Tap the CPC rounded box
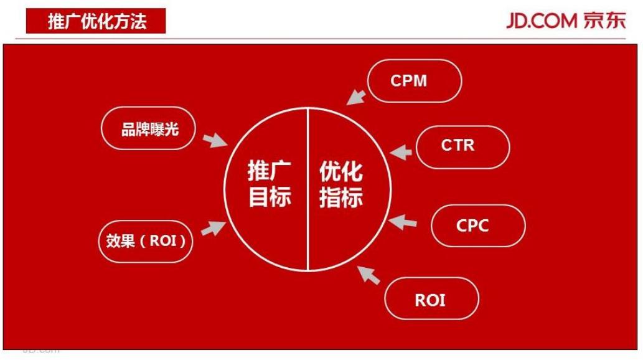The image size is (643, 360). pyautogui.click(x=477, y=225)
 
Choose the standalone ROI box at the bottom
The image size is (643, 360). pyautogui.click(x=431, y=300)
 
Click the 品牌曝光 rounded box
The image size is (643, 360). pyautogui.click(x=149, y=130)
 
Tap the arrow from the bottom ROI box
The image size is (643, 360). pyautogui.click(x=369, y=274)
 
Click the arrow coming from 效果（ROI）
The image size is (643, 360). pyautogui.click(x=213, y=227)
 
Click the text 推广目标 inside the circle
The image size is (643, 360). pyautogui.click(x=269, y=184)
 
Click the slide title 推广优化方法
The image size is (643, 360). pyautogui.click(x=96, y=22)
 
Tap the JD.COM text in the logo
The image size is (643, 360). pyautogui.click(x=541, y=21)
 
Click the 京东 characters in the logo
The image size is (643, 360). pyautogui.click(x=604, y=21)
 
